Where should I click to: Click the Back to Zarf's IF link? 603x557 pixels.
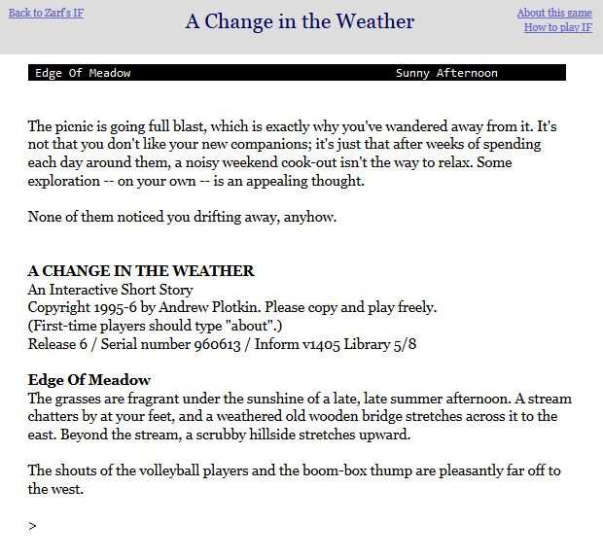point(46,13)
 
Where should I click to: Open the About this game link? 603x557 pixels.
point(554,13)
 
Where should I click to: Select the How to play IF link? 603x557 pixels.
point(557,27)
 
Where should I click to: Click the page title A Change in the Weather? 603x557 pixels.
point(300,21)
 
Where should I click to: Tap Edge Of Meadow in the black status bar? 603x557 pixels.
point(83,73)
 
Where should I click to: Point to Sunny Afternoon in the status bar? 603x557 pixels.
point(446,73)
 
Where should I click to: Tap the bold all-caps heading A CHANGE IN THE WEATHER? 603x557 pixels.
point(141,271)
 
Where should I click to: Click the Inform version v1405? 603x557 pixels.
point(329,343)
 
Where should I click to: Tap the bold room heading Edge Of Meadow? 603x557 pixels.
point(89,379)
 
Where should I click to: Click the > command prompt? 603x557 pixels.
point(33,526)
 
